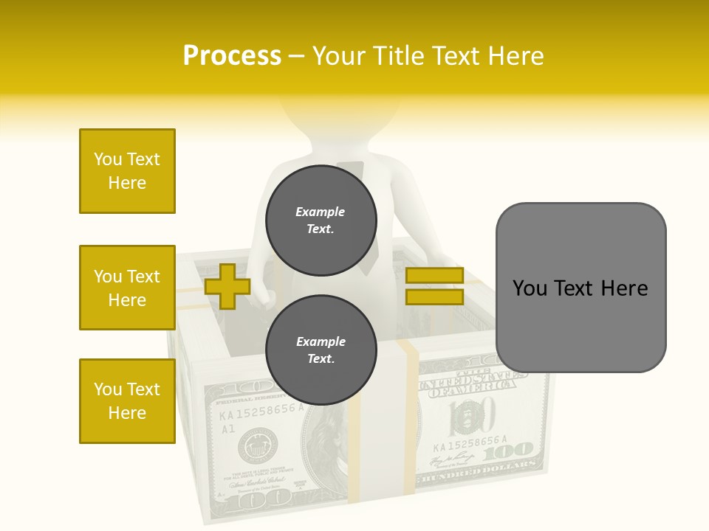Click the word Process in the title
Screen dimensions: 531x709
(232, 56)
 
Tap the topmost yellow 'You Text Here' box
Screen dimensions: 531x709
(127, 171)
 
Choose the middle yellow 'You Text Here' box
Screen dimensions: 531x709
(127, 288)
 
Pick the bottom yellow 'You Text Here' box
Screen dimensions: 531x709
(127, 401)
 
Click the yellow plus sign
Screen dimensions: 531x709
(227, 286)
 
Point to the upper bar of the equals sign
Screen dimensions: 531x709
(434, 275)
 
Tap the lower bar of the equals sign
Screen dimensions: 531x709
(434, 296)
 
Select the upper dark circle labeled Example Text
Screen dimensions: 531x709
(321, 220)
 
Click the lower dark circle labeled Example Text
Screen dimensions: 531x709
(321, 350)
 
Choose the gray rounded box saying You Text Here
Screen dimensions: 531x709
(580, 288)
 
